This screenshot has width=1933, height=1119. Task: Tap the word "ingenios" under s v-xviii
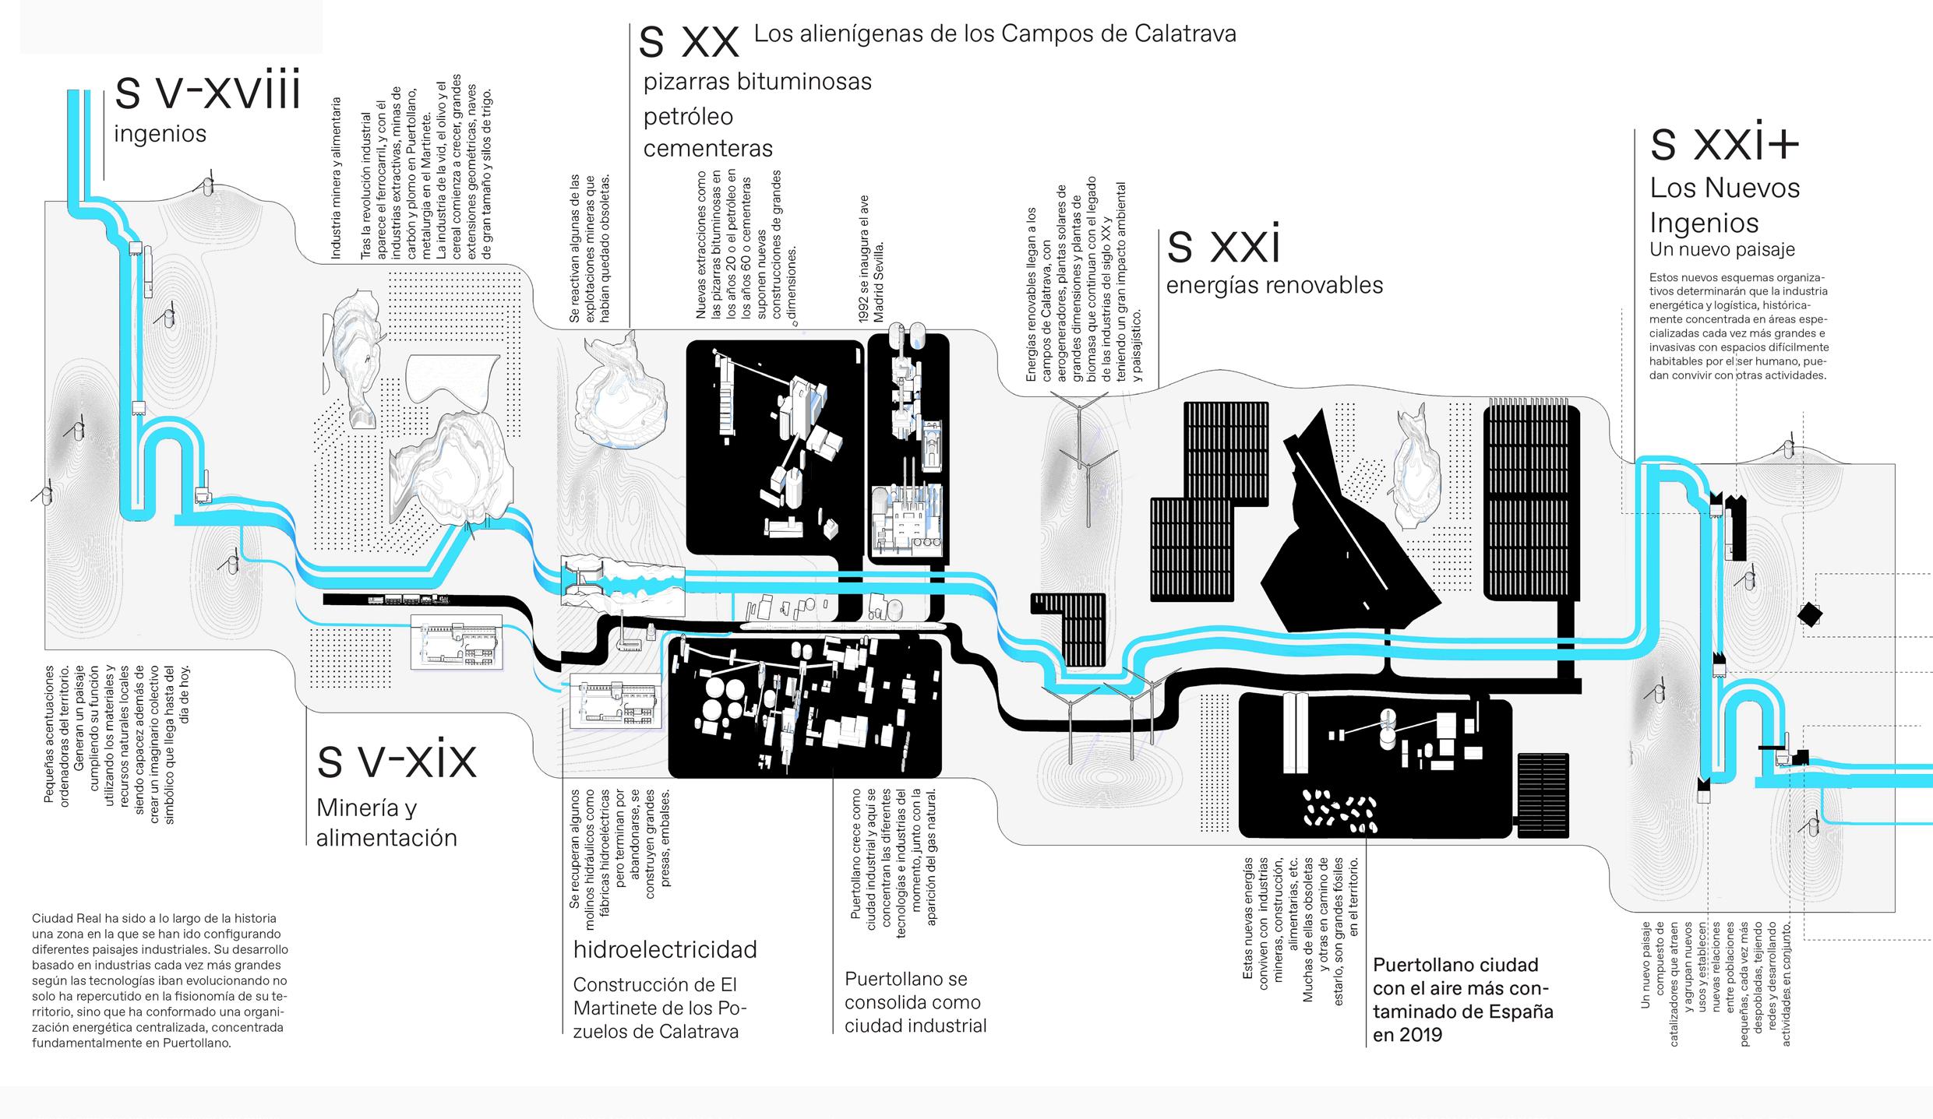(x=160, y=134)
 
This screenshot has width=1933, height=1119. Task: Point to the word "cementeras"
(x=707, y=148)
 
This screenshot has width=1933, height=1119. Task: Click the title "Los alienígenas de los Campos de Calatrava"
(x=994, y=34)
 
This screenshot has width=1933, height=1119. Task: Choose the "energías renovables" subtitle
(x=1274, y=286)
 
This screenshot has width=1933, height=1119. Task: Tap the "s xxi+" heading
(x=1724, y=145)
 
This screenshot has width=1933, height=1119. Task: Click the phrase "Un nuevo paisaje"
(x=1722, y=250)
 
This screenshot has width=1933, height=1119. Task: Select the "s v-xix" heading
(x=396, y=760)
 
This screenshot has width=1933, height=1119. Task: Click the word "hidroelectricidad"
(x=665, y=949)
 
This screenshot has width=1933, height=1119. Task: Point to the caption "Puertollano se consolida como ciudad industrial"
(x=915, y=1002)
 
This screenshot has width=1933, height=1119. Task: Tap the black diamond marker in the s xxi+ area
(x=1809, y=614)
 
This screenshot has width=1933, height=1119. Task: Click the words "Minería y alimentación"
(x=386, y=822)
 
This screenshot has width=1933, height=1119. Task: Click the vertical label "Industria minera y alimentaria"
(x=336, y=178)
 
